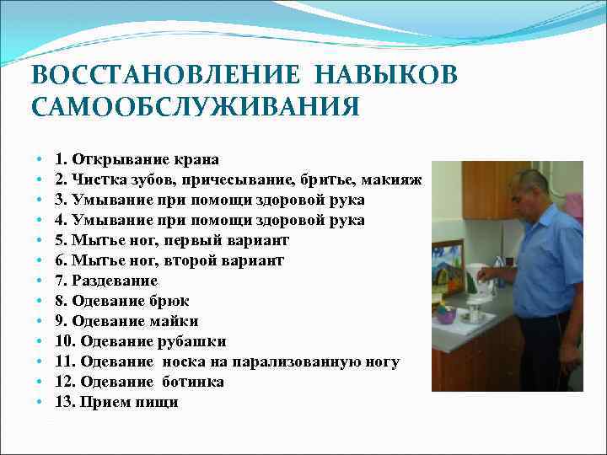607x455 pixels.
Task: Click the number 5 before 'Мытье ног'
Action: point(60,240)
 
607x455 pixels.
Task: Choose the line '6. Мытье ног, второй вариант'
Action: point(169,260)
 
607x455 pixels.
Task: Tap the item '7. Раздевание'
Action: point(106,281)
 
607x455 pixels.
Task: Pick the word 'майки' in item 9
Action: point(173,321)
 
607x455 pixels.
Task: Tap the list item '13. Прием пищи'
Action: point(116,402)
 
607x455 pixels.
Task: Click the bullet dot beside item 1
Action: point(40,160)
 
